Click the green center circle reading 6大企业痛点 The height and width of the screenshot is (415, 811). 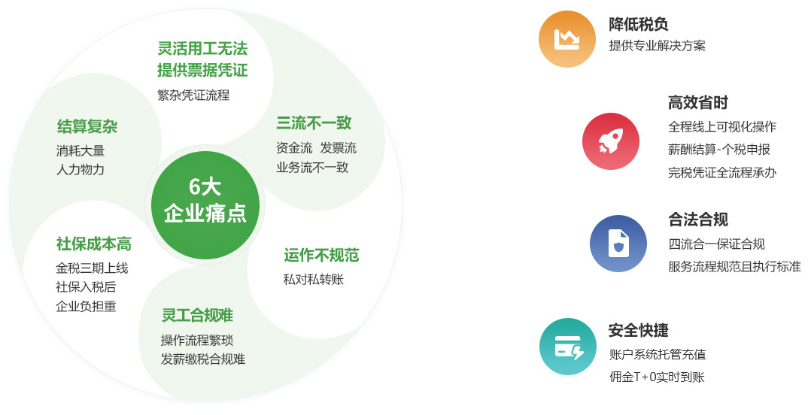[205, 204]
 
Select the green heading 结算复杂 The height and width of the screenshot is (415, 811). [87, 126]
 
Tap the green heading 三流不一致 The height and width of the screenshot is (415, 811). [314, 123]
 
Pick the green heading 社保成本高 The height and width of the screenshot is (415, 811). [93, 244]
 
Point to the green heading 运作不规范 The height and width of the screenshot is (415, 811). [321, 256]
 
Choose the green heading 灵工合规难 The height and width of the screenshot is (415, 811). [197, 315]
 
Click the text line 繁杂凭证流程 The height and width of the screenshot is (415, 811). [193, 95]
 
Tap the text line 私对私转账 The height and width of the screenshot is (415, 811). [314, 280]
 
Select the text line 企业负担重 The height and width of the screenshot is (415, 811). [86, 306]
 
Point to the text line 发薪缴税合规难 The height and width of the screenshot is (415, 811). [203, 359]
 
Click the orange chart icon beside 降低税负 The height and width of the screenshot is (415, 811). [567, 39]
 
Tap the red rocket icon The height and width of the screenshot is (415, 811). [610, 141]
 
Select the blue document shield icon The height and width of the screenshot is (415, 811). [618, 244]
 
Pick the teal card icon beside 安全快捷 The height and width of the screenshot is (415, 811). [567, 347]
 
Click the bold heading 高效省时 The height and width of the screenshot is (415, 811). [697, 103]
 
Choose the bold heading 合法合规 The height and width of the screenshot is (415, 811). [697, 220]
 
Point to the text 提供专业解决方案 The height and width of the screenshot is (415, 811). [657, 45]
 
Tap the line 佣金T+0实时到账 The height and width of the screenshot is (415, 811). [657, 377]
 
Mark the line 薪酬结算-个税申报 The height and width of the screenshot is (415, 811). [719, 150]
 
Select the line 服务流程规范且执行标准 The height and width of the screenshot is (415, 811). [734, 267]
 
